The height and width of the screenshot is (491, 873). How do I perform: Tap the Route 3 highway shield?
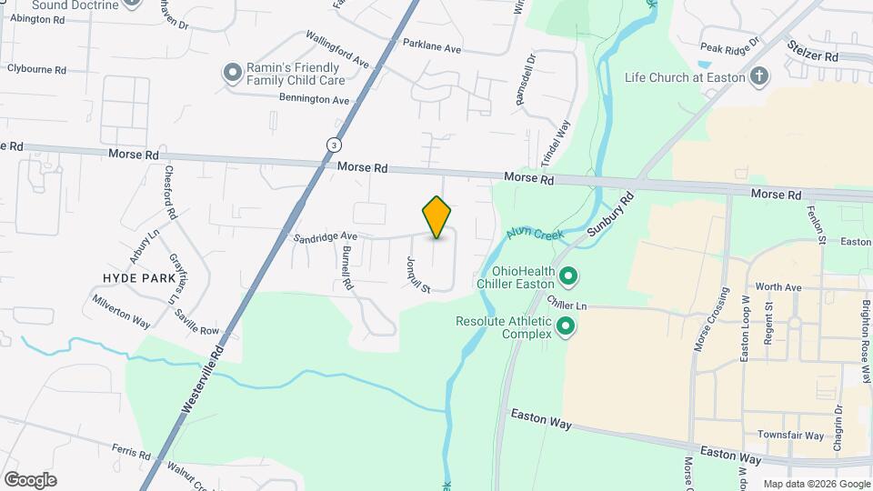(x=336, y=145)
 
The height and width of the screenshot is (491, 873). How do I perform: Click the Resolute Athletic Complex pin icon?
(x=566, y=326)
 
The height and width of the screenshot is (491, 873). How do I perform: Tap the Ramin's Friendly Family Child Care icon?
(x=233, y=72)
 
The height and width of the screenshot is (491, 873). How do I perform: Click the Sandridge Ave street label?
(x=325, y=236)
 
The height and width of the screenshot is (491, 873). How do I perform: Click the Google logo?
(x=30, y=479)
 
